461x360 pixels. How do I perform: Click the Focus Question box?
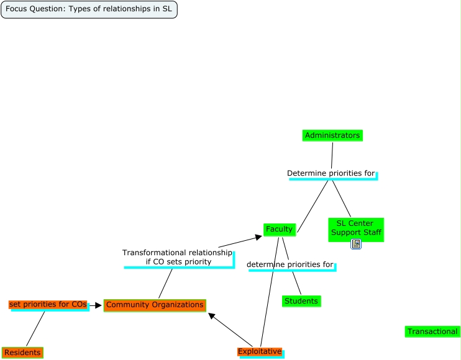pos(89,9)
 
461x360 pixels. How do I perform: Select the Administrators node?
pos(332,135)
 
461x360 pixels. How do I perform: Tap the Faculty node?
pos(279,230)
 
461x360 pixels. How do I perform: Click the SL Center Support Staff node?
pos(355,228)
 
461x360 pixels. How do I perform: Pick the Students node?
pos(301,301)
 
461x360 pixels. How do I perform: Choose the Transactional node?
pos(432,331)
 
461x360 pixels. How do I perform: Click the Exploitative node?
pos(260,352)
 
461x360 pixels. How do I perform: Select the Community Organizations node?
pos(155,305)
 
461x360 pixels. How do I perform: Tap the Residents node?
pos(22,353)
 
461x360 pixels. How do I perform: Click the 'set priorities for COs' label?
pos(48,304)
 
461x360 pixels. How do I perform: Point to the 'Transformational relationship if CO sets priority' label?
pos(178,257)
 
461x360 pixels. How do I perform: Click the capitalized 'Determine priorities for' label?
pos(331,173)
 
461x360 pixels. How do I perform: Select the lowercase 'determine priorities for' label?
pos(290,264)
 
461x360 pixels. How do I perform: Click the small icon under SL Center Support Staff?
pos(356,244)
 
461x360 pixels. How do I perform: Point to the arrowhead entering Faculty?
pos(258,236)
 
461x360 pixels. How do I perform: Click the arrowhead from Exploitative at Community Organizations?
pos(212,317)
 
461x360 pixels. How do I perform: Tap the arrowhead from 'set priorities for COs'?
pos(98,305)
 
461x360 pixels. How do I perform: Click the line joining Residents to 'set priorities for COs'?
pos(35,328)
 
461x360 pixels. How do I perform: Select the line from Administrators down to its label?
pos(332,155)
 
